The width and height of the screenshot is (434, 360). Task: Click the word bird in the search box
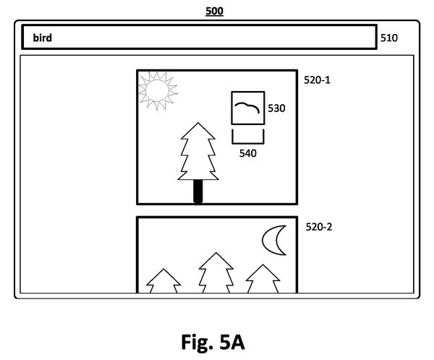click(43, 38)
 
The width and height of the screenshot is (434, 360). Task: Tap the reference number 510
click(389, 38)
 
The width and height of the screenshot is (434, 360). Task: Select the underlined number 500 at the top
click(215, 12)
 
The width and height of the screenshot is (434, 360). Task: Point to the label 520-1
click(317, 80)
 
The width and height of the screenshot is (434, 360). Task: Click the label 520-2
click(319, 227)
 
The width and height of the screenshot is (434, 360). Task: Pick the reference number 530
click(276, 108)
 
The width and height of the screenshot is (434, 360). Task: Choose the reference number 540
click(247, 153)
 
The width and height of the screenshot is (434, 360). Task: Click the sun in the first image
click(158, 91)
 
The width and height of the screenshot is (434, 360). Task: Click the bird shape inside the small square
click(247, 108)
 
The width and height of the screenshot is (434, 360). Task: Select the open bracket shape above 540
click(248, 142)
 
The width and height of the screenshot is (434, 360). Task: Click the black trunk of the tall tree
click(198, 192)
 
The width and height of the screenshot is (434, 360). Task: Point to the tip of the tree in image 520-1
click(198, 123)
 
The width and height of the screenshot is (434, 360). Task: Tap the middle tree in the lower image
click(216, 273)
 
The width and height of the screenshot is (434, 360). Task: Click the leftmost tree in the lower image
click(163, 280)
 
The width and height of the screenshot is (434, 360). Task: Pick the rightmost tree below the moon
click(263, 278)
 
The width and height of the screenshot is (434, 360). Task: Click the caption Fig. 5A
click(213, 342)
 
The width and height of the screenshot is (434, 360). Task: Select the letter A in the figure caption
click(237, 342)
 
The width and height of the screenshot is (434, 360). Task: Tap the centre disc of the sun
click(157, 90)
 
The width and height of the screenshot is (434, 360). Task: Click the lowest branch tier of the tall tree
click(198, 174)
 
